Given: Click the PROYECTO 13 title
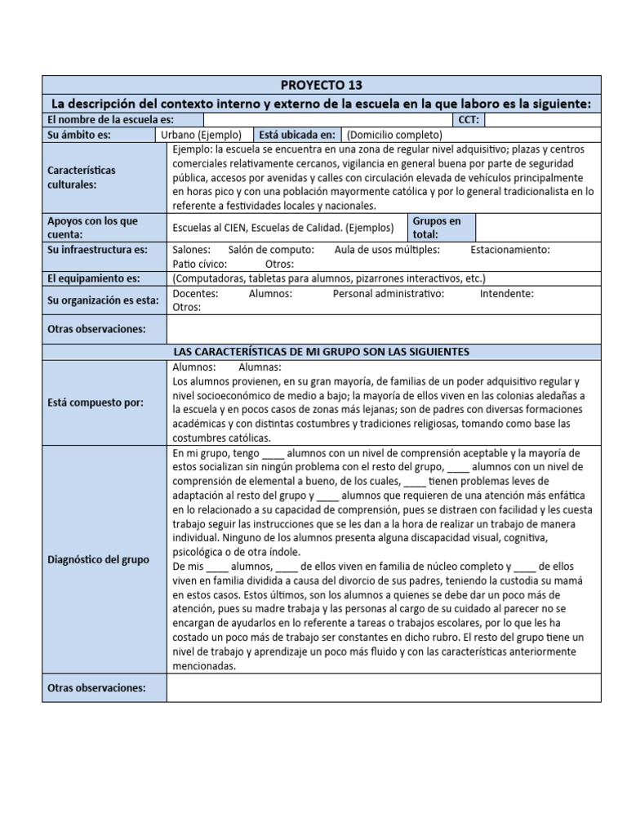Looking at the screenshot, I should (321, 85).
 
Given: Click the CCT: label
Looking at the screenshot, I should (471, 120).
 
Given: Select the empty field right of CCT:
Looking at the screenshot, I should (542, 120).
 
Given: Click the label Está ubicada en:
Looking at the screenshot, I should (296, 135).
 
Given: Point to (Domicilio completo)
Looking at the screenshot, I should (394, 135).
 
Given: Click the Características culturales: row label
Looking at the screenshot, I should (82, 177).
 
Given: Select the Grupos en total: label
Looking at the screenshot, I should (437, 227).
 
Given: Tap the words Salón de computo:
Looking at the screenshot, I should (271, 250).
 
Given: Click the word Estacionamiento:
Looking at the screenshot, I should (510, 250).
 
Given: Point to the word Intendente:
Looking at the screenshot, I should (507, 293).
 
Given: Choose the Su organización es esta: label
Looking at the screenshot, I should (103, 300).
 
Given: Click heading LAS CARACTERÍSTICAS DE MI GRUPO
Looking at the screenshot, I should (321, 351).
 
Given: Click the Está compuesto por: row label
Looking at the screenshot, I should (96, 402).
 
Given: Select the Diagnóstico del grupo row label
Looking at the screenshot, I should (98, 559).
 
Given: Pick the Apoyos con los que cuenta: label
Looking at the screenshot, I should (92, 227).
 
